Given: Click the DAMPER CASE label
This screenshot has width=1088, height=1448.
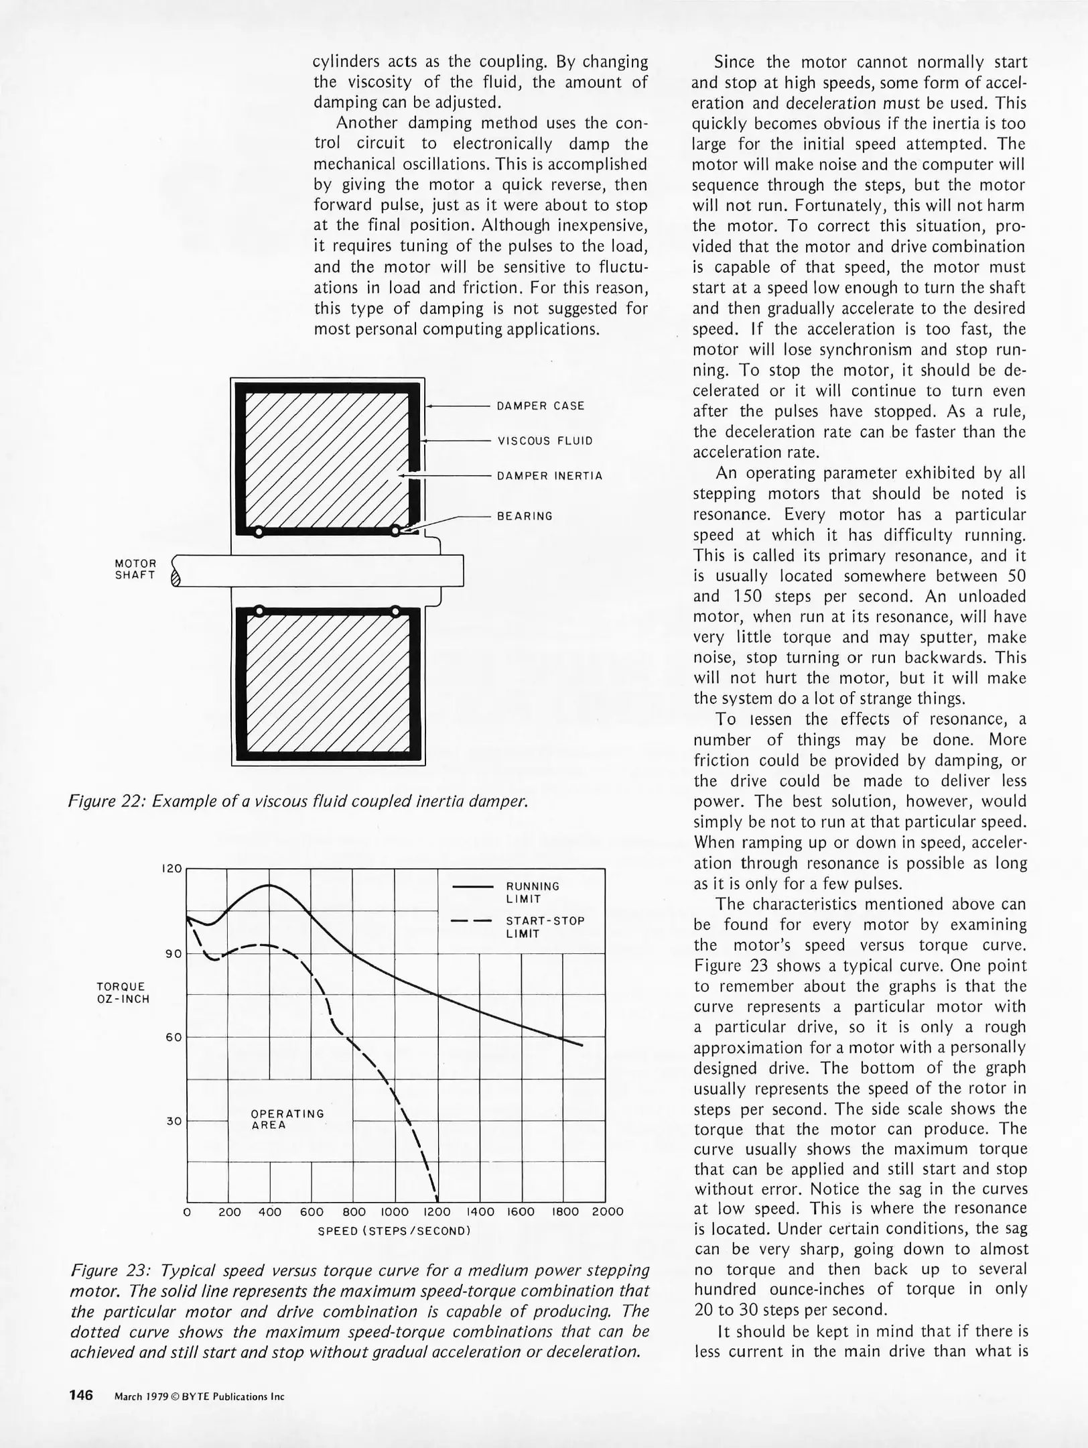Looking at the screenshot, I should tap(540, 406).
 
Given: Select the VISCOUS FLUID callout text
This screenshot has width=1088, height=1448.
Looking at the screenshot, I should tap(545, 441).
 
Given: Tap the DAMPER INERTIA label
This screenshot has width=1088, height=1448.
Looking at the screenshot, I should tap(549, 476).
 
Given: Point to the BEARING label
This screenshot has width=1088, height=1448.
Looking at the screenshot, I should tap(525, 516).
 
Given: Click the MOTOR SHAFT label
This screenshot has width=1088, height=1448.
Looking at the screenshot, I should tap(135, 570).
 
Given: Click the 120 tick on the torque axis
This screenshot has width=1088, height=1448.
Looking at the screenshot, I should tap(172, 869).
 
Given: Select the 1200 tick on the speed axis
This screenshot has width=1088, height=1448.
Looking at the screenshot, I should tap(437, 1211).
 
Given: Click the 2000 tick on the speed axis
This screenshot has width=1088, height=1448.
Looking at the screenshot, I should tap(608, 1211).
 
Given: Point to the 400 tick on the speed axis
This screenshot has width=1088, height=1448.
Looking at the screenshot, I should tap(270, 1211).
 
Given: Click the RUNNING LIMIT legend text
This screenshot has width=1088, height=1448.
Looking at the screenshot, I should tap(533, 892).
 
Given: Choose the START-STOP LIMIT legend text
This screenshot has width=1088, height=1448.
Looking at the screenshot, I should tap(545, 927).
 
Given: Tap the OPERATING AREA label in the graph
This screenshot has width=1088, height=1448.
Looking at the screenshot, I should tap(287, 1119).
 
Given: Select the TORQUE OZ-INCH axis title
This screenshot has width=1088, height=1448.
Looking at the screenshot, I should tap(123, 993).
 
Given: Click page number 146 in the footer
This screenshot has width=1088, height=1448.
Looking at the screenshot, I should tap(80, 1396).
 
